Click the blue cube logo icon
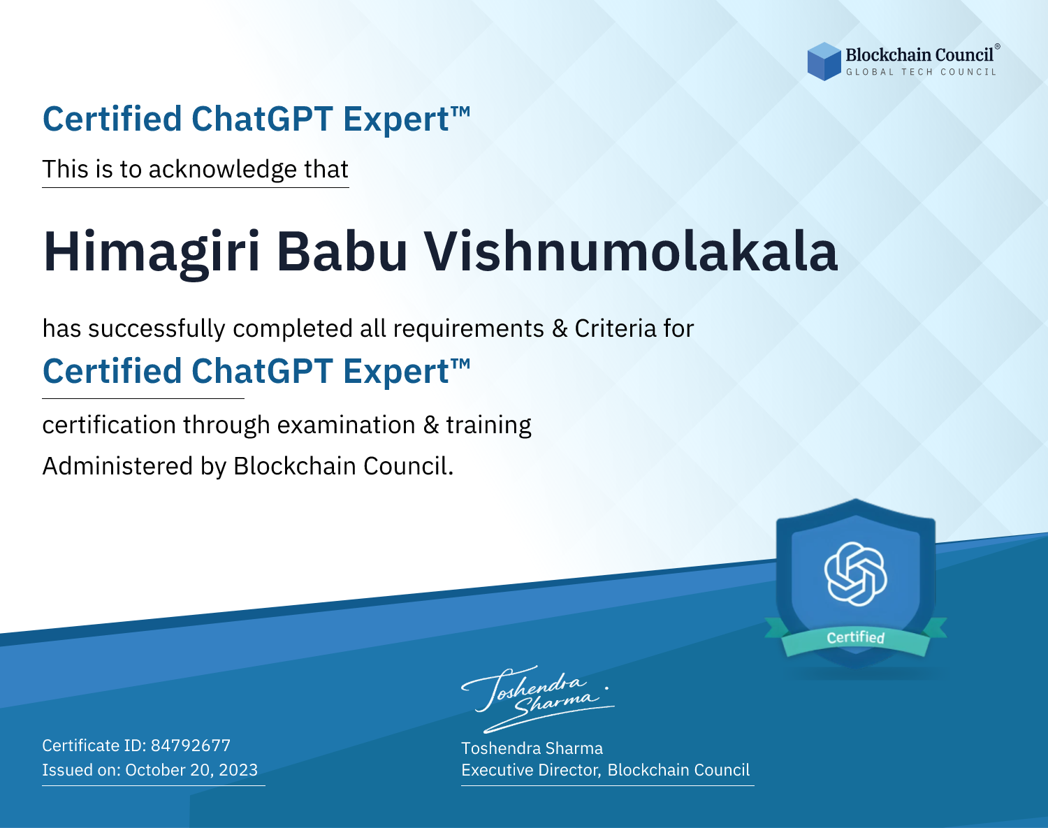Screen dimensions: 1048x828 824,61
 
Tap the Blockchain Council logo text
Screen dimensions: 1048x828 919,55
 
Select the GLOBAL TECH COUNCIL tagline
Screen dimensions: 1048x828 922,72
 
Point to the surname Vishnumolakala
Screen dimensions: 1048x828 631,252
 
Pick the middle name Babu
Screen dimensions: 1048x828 342,252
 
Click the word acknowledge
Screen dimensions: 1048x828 223,170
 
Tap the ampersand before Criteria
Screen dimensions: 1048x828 560,328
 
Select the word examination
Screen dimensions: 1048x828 347,425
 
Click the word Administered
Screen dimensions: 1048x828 118,465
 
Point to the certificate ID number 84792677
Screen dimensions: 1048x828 191,745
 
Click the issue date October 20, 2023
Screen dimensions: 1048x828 191,769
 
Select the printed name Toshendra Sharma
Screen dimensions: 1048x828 532,748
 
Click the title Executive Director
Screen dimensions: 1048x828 530,769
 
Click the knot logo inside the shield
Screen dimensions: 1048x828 856,574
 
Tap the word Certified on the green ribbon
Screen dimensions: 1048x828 856,637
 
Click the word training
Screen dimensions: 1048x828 488,426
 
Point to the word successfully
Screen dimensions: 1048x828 157,329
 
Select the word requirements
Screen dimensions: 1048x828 469,329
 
